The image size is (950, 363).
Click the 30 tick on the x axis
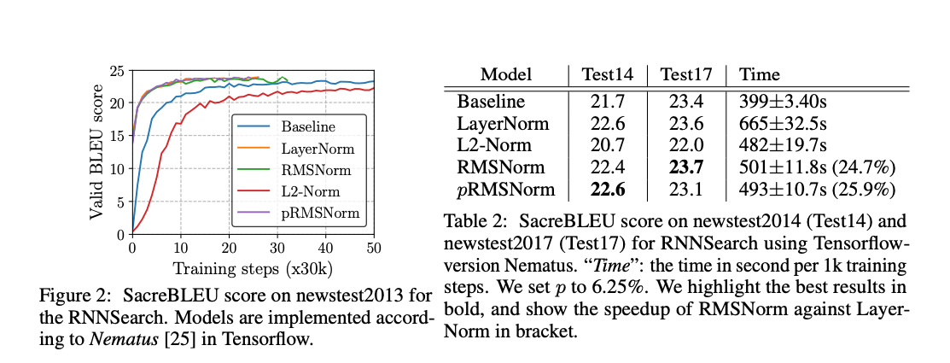tap(277, 248)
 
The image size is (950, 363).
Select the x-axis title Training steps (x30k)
tap(253, 267)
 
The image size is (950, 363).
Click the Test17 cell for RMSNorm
tap(686, 167)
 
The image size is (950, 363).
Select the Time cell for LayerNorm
tap(779, 123)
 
